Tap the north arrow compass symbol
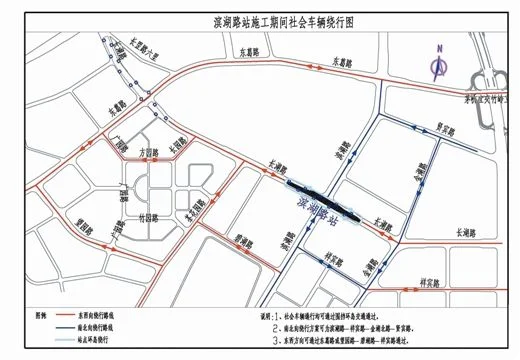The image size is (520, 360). (x=438, y=63)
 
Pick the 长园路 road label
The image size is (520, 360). (x=176, y=144)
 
